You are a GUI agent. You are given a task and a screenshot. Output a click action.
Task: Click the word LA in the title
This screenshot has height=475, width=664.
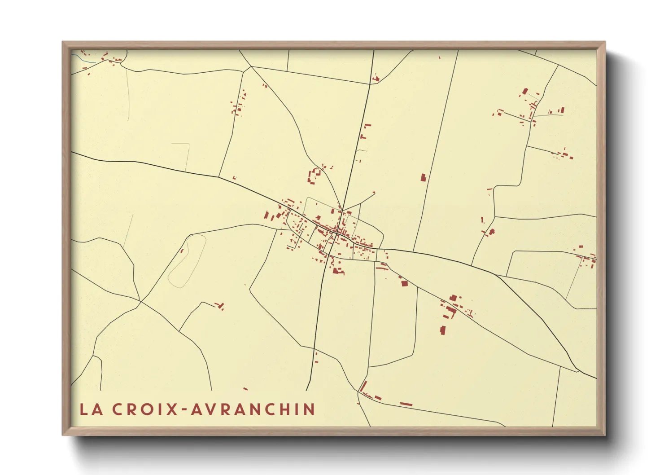92,409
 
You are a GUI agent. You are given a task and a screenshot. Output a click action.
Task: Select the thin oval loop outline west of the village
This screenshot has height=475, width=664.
187,261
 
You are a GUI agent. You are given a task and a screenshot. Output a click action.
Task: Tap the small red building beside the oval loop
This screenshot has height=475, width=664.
182,251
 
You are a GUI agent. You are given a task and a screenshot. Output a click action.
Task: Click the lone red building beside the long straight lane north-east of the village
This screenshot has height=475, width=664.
423,177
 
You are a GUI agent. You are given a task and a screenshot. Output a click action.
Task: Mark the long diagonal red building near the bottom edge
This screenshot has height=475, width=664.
363,387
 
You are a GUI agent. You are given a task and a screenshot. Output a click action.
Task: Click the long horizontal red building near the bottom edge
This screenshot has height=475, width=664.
406,404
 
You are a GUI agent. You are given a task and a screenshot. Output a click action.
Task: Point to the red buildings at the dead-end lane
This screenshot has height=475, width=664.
220,307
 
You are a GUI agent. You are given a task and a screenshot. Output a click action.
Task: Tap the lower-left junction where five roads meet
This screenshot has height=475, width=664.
140,301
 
